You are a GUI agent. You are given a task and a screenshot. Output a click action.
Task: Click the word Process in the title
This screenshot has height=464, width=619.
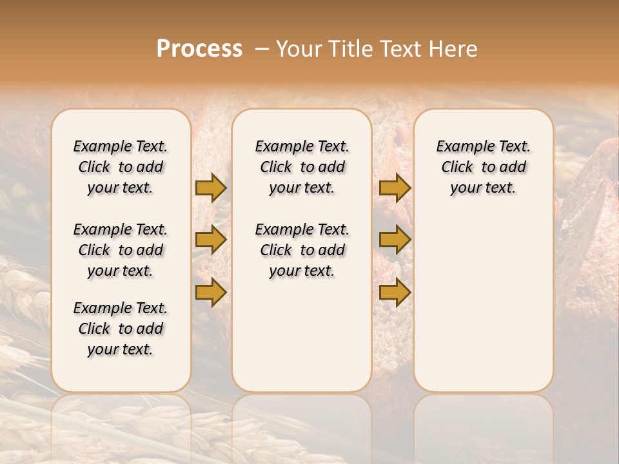[199, 49]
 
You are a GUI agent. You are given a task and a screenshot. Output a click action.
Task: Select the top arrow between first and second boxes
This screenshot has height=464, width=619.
[211, 188]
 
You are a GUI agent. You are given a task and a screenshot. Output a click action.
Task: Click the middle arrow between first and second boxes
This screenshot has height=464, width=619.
[211, 240]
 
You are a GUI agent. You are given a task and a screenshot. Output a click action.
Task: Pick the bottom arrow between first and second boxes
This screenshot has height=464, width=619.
[211, 293]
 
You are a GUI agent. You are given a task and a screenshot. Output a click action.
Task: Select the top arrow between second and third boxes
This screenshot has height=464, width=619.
[395, 188]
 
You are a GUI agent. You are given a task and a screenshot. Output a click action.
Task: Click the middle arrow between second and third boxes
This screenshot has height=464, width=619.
[395, 240]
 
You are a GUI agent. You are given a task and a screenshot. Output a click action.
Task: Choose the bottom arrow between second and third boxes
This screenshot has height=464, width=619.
[395, 293]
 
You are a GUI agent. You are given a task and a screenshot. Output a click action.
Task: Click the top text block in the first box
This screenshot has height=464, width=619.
[121, 167]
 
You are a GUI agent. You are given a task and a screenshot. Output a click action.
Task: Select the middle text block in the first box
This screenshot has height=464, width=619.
[121, 250]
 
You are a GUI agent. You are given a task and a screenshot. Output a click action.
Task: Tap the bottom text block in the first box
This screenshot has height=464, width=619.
[121, 329]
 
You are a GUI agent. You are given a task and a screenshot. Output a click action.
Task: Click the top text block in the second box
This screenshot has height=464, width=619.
[302, 167]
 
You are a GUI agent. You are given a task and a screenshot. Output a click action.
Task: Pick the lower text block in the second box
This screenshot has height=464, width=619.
[302, 250]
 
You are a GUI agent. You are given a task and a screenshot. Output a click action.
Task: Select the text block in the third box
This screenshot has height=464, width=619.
[483, 167]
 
